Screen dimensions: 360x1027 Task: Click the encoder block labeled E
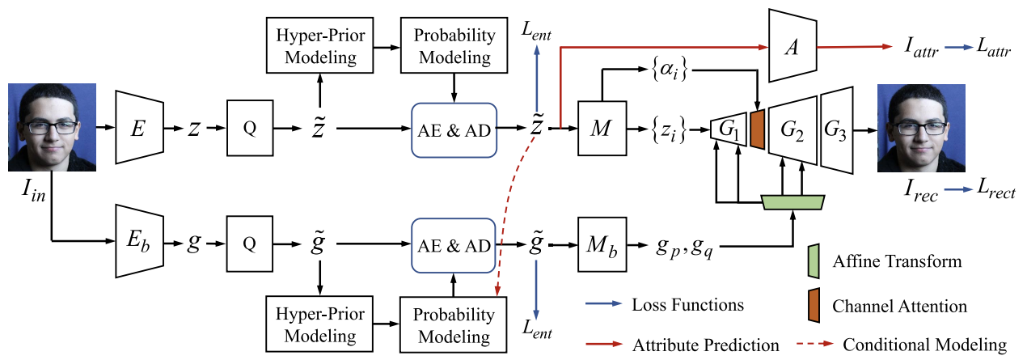point(140,127)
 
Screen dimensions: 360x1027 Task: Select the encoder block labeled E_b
point(140,239)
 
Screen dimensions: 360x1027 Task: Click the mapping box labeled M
point(601,127)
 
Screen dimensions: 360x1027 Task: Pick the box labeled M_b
point(601,240)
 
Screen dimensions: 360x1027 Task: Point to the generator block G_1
point(728,128)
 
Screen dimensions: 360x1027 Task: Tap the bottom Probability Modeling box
point(452,324)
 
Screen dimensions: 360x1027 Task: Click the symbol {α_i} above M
point(665,70)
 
